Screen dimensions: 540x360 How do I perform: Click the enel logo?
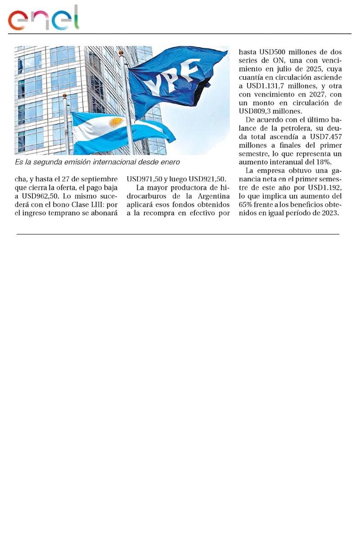tap(43, 18)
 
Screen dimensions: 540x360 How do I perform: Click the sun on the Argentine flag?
tap(116, 123)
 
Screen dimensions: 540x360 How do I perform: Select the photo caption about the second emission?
tap(97, 162)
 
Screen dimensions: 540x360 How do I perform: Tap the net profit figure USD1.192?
tap(324, 188)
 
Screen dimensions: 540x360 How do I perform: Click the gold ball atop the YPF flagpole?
tap(121, 53)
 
